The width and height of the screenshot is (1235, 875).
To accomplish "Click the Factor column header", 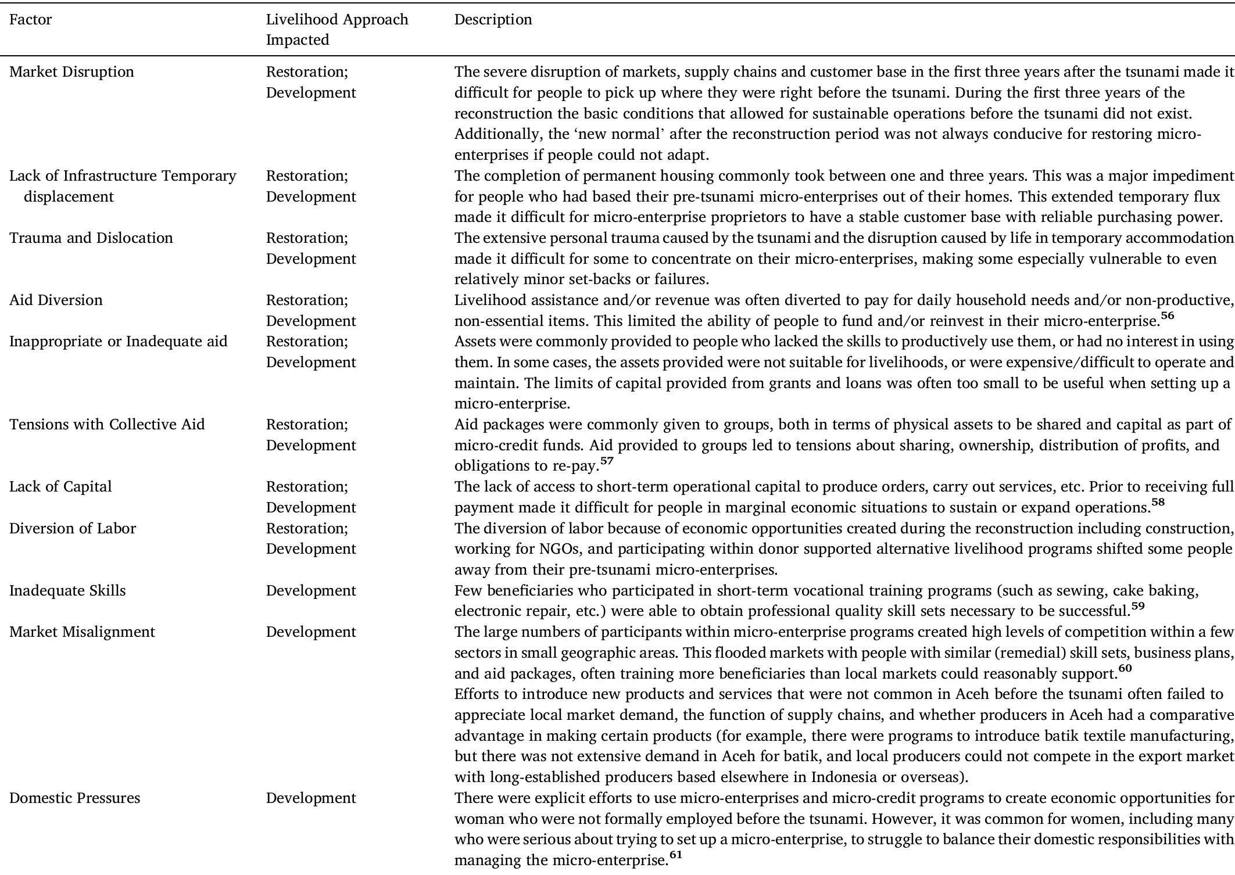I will pyautogui.click(x=31, y=20).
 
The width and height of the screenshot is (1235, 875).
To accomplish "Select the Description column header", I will pyautogui.click(x=493, y=20).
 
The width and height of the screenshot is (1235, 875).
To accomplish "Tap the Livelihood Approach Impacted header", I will pyautogui.click(x=337, y=30).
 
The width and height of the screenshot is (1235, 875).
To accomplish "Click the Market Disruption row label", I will pyautogui.click(x=71, y=72).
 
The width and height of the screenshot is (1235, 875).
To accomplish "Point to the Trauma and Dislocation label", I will pyautogui.click(x=91, y=238).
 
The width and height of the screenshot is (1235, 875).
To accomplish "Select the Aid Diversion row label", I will pyautogui.click(x=56, y=300).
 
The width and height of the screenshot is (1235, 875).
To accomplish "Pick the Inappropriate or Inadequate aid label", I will pyautogui.click(x=118, y=342).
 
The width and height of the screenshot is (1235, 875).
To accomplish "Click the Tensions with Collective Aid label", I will pyautogui.click(x=107, y=425).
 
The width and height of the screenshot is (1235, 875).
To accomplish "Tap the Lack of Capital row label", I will pyautogui.click(x=60, y=487).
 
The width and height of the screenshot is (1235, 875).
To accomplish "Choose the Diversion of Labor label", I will pyautogui.click(x=73, y=529).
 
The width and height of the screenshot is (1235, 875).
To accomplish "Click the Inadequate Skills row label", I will pyautogui.click(x=67, y=591).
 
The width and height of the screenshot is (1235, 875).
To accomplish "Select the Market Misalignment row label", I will pyautogui.click(x=82, y=632).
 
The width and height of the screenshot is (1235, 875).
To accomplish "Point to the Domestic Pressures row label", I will pyautogui.click(x=75, y=798).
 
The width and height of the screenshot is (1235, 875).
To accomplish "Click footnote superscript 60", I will pyautogui.click(x=1125, y=669).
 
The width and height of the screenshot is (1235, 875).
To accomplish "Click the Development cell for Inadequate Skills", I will pyautogui.click(x=311, y=591).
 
